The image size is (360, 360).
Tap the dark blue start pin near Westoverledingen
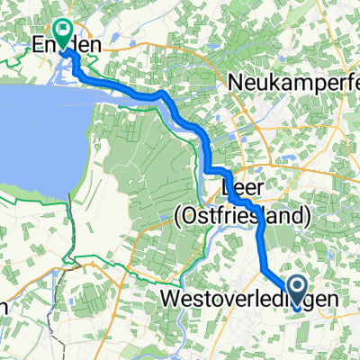pyautogui.click(x=301, y=286)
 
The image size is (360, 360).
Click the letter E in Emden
pyautogui.click(x=39, y=45)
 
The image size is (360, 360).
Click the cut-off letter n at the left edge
pyautogui.click(x=3, y=306)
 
